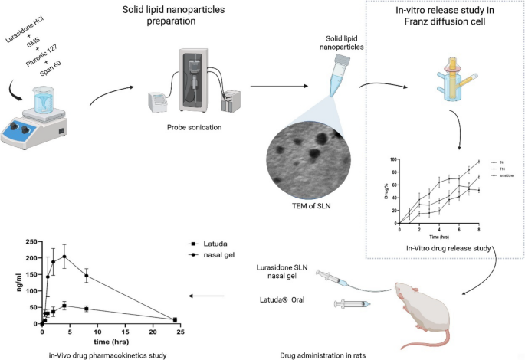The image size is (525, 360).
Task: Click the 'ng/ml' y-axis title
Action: click(x=12, y=283)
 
